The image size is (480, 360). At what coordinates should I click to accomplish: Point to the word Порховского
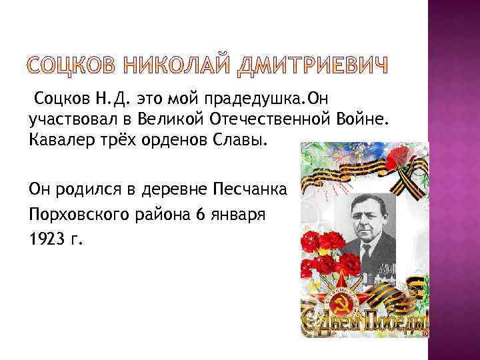pyautogui.click(x=72, y=214)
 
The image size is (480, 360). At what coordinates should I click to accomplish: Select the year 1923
pyautogui.click(x=47, y=239)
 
